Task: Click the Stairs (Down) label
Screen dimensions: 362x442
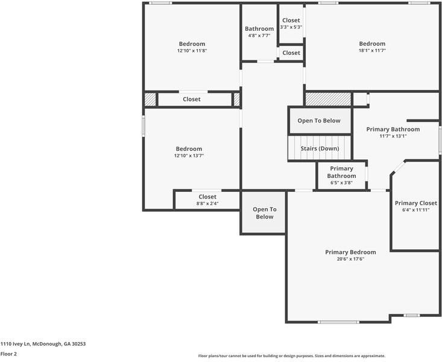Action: pyautogui.click(x=320, y=148)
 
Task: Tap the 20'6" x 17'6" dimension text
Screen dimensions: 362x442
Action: pyautogui.click(x=350, y=259)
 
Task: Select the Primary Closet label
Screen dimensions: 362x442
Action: pyautogui.click(x=415, y=203)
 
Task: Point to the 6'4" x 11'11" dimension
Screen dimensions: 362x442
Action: pyautogui.click(x=415, y=210)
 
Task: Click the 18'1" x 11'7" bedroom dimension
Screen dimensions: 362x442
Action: pyautogui.click(x=372, y=51)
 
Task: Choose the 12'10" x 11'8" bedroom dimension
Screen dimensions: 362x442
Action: pyautogui.click(x=192, y=51)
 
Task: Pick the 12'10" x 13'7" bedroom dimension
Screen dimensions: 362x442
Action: pyautogui.click(x=189, y=156)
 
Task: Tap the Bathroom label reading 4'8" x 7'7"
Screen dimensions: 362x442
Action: pyautogui.click(x=259, y=29)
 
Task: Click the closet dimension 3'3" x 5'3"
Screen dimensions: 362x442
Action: pyautogui.click(x=291, y=27)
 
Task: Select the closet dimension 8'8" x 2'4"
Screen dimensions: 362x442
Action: pyautogui.click(x=207, y=203)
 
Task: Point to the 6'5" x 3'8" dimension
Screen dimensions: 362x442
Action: pyautogui.click(x=341, y=183)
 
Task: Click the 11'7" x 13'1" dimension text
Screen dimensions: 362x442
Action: pyautogui.click(x=393, y=136)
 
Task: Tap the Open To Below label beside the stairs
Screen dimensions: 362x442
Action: pyautogui.click(x=319, y=121)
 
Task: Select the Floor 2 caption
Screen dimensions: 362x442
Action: pyautogui.click(x=8, y=354)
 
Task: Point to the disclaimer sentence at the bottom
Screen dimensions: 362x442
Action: pyautogui.click(x=291, y=356)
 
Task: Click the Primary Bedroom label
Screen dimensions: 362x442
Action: pyautogui.click(x=350, y=252)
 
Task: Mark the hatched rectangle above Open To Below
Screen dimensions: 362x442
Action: pyautogui.click(x=328, y=98)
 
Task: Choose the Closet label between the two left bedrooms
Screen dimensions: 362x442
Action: pyautogui.click(x=192, y=99)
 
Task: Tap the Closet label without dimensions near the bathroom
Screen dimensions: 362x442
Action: pyautogui.click(x=291, y=53)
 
